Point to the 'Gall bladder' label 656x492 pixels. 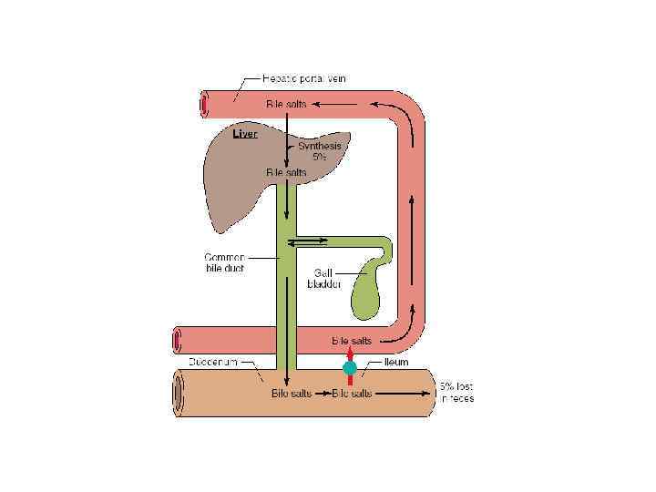tap(327, 278)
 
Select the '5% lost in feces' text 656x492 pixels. tap(456, 391)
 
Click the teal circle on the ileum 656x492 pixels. tap(349, 368)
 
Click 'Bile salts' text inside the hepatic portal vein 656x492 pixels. tap(286, 105)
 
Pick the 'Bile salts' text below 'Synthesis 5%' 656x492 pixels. tap(285, 171)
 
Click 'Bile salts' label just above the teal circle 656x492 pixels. tap(352, 341)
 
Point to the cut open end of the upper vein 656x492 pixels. tap(203, 105)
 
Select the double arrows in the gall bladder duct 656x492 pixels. tap(308, 242)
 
